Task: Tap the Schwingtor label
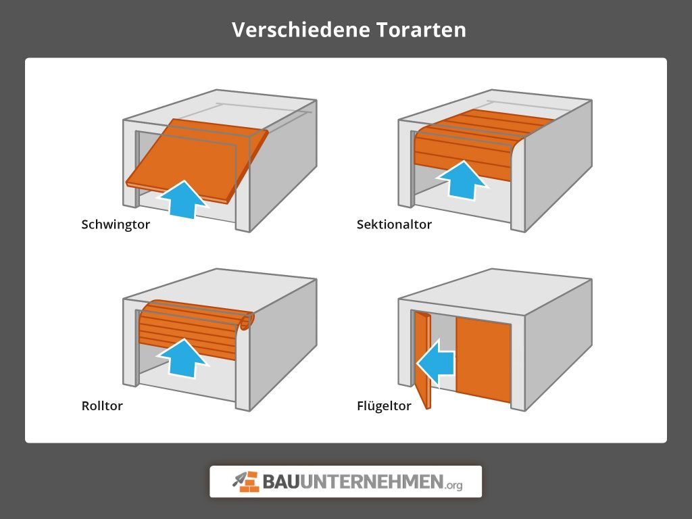(116, 224)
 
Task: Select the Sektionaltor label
(394, 224)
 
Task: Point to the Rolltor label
(102, 406)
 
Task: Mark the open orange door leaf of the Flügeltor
(424, 362)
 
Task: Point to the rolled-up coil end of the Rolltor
(247, 320)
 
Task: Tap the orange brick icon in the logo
(246, 481)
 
